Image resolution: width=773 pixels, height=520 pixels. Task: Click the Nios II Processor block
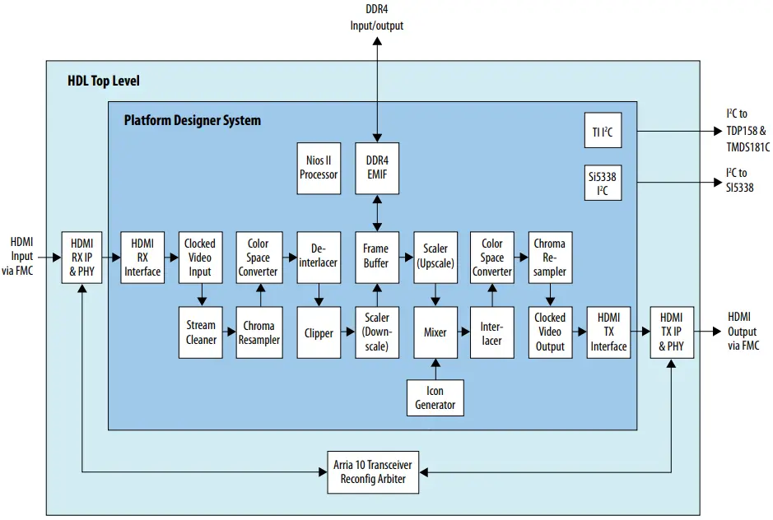point(318,167)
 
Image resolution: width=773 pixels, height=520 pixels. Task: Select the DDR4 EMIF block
point(377,167)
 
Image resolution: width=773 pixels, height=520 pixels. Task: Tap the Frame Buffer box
point(377,256)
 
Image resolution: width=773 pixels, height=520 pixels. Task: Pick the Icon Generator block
point(435,397)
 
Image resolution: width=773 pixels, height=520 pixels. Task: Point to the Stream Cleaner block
point(200,332)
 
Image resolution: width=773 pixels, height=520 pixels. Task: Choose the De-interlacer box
point(318,256)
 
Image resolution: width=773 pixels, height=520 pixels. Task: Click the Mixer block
point(435,332)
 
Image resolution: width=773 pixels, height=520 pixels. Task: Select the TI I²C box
point(602,131)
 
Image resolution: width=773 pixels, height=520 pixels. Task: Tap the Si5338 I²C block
point(602,182)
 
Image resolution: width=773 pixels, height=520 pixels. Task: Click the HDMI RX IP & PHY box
point(83,257)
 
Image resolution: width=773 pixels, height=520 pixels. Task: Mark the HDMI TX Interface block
point(608,332)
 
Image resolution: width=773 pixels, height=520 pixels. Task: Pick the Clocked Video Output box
point(549,332)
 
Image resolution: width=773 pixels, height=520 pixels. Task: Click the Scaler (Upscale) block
point(435,256)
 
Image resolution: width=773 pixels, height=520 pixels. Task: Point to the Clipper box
point(318,332)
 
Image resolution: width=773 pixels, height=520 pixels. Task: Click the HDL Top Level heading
point(104,81)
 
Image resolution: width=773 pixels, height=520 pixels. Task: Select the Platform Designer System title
point(192,120)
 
